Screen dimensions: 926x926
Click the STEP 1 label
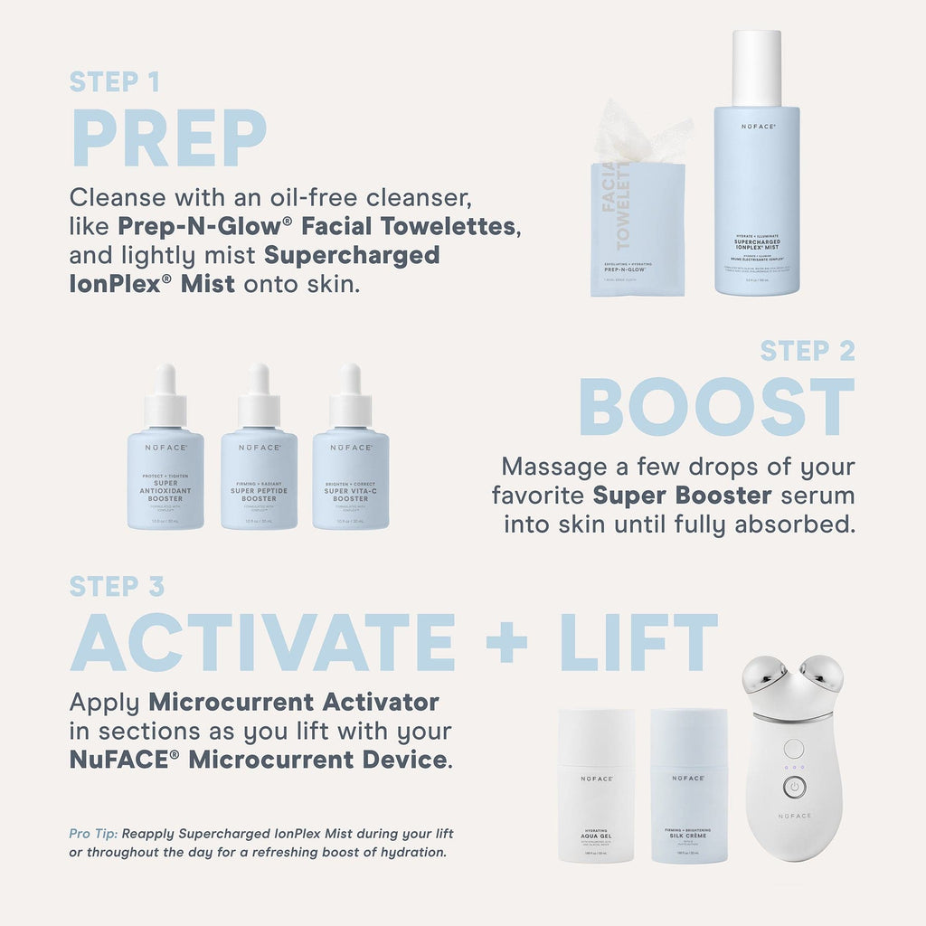tap(115, 82)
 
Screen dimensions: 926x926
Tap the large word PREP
tap(169, 138)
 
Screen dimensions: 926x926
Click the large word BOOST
tap(716, 408)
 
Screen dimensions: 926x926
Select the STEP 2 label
tap(807, 351)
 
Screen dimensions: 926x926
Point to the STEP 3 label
tap(117, 587)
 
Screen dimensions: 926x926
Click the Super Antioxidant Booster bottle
tap(165, 470)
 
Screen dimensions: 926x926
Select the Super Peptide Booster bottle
tap(259, 470)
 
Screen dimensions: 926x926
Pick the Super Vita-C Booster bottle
tap(350, 470)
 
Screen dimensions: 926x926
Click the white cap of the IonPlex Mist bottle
tap(756, 68)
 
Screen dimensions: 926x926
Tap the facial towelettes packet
tap(637, 231)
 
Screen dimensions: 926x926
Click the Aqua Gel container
tap(596, 787)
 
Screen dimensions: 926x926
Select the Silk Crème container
tap(688, 787)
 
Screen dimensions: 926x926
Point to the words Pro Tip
tap(93, 833)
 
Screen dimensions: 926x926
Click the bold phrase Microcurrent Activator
tap(294, 702)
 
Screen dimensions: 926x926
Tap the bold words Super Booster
tap(682, 496)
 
